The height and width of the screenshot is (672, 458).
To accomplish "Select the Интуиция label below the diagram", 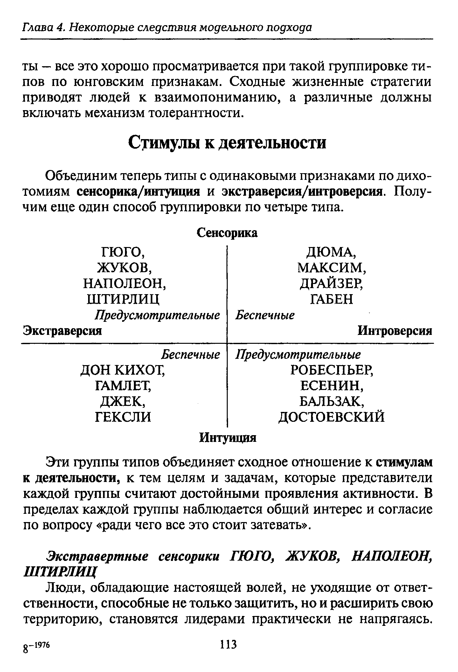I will point(227,438).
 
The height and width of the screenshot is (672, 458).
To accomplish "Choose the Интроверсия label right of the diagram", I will point(395,331).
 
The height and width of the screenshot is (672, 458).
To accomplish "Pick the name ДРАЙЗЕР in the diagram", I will point(331,283).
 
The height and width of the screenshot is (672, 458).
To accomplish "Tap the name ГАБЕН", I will point(331,299).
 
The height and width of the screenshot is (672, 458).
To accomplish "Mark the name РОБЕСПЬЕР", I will point(331,370).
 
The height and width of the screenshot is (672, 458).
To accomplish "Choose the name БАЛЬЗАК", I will point(331,401).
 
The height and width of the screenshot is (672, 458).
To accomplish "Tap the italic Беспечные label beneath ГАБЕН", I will point(265,315).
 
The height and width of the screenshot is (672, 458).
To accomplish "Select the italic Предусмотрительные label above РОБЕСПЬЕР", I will point(298,354).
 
